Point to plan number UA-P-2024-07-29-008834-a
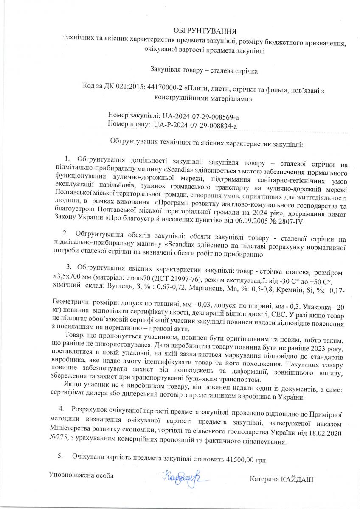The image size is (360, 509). (195, 125)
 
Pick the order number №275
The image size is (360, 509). (59, 442)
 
